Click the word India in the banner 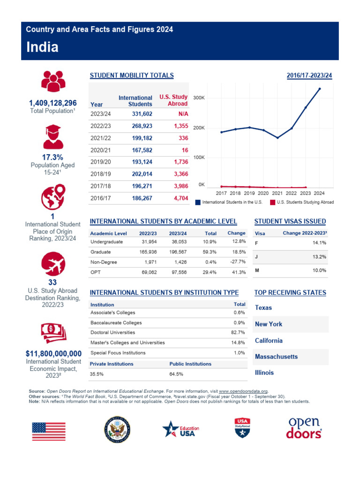(42, 47)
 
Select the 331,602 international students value (142, 114)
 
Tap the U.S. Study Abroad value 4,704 (181, 198)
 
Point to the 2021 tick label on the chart (277, 193)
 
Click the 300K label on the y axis (199, 98)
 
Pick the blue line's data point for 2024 (320, 89)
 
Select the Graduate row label (101, 252)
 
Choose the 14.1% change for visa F (319, 243)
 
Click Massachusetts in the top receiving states (276, 357)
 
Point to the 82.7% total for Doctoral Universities (238, 332)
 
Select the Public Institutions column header (190, 364)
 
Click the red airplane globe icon (53, 264)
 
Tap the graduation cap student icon (53, 137)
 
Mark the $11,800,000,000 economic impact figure (53, 354)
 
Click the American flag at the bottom (49, 431)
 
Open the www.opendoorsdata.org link (243, 391)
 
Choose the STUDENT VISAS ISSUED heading (290, 221)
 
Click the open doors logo (304, 428)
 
